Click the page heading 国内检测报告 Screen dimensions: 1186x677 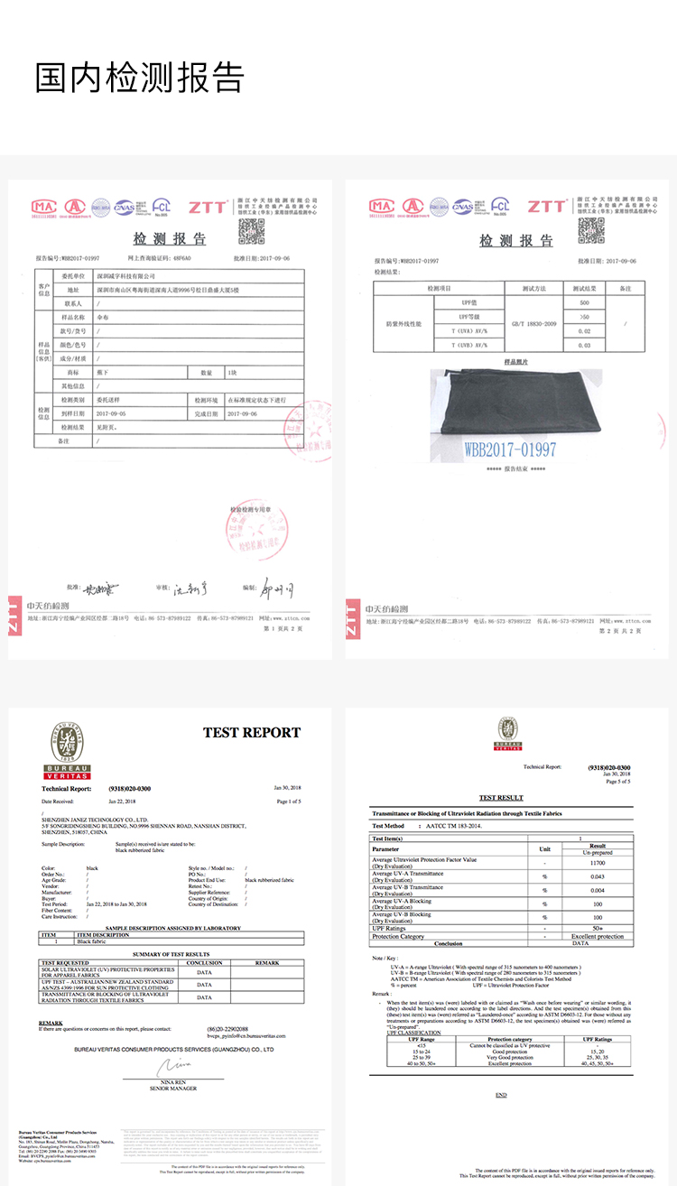pos(140,78)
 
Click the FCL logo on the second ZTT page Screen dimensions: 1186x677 pos(499,207)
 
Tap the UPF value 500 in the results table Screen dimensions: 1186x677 pos(584,303)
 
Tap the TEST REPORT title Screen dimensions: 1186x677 pos(251,733)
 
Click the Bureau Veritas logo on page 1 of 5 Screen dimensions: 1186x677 pos(68,752)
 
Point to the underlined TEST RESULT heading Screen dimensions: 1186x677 pos(501,798)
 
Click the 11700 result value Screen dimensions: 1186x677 pos(597,863)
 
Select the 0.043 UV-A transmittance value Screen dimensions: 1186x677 pos(597,876)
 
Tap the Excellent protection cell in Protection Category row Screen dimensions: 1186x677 pos(597,936)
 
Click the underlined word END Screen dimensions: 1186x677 pos(501,1095)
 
